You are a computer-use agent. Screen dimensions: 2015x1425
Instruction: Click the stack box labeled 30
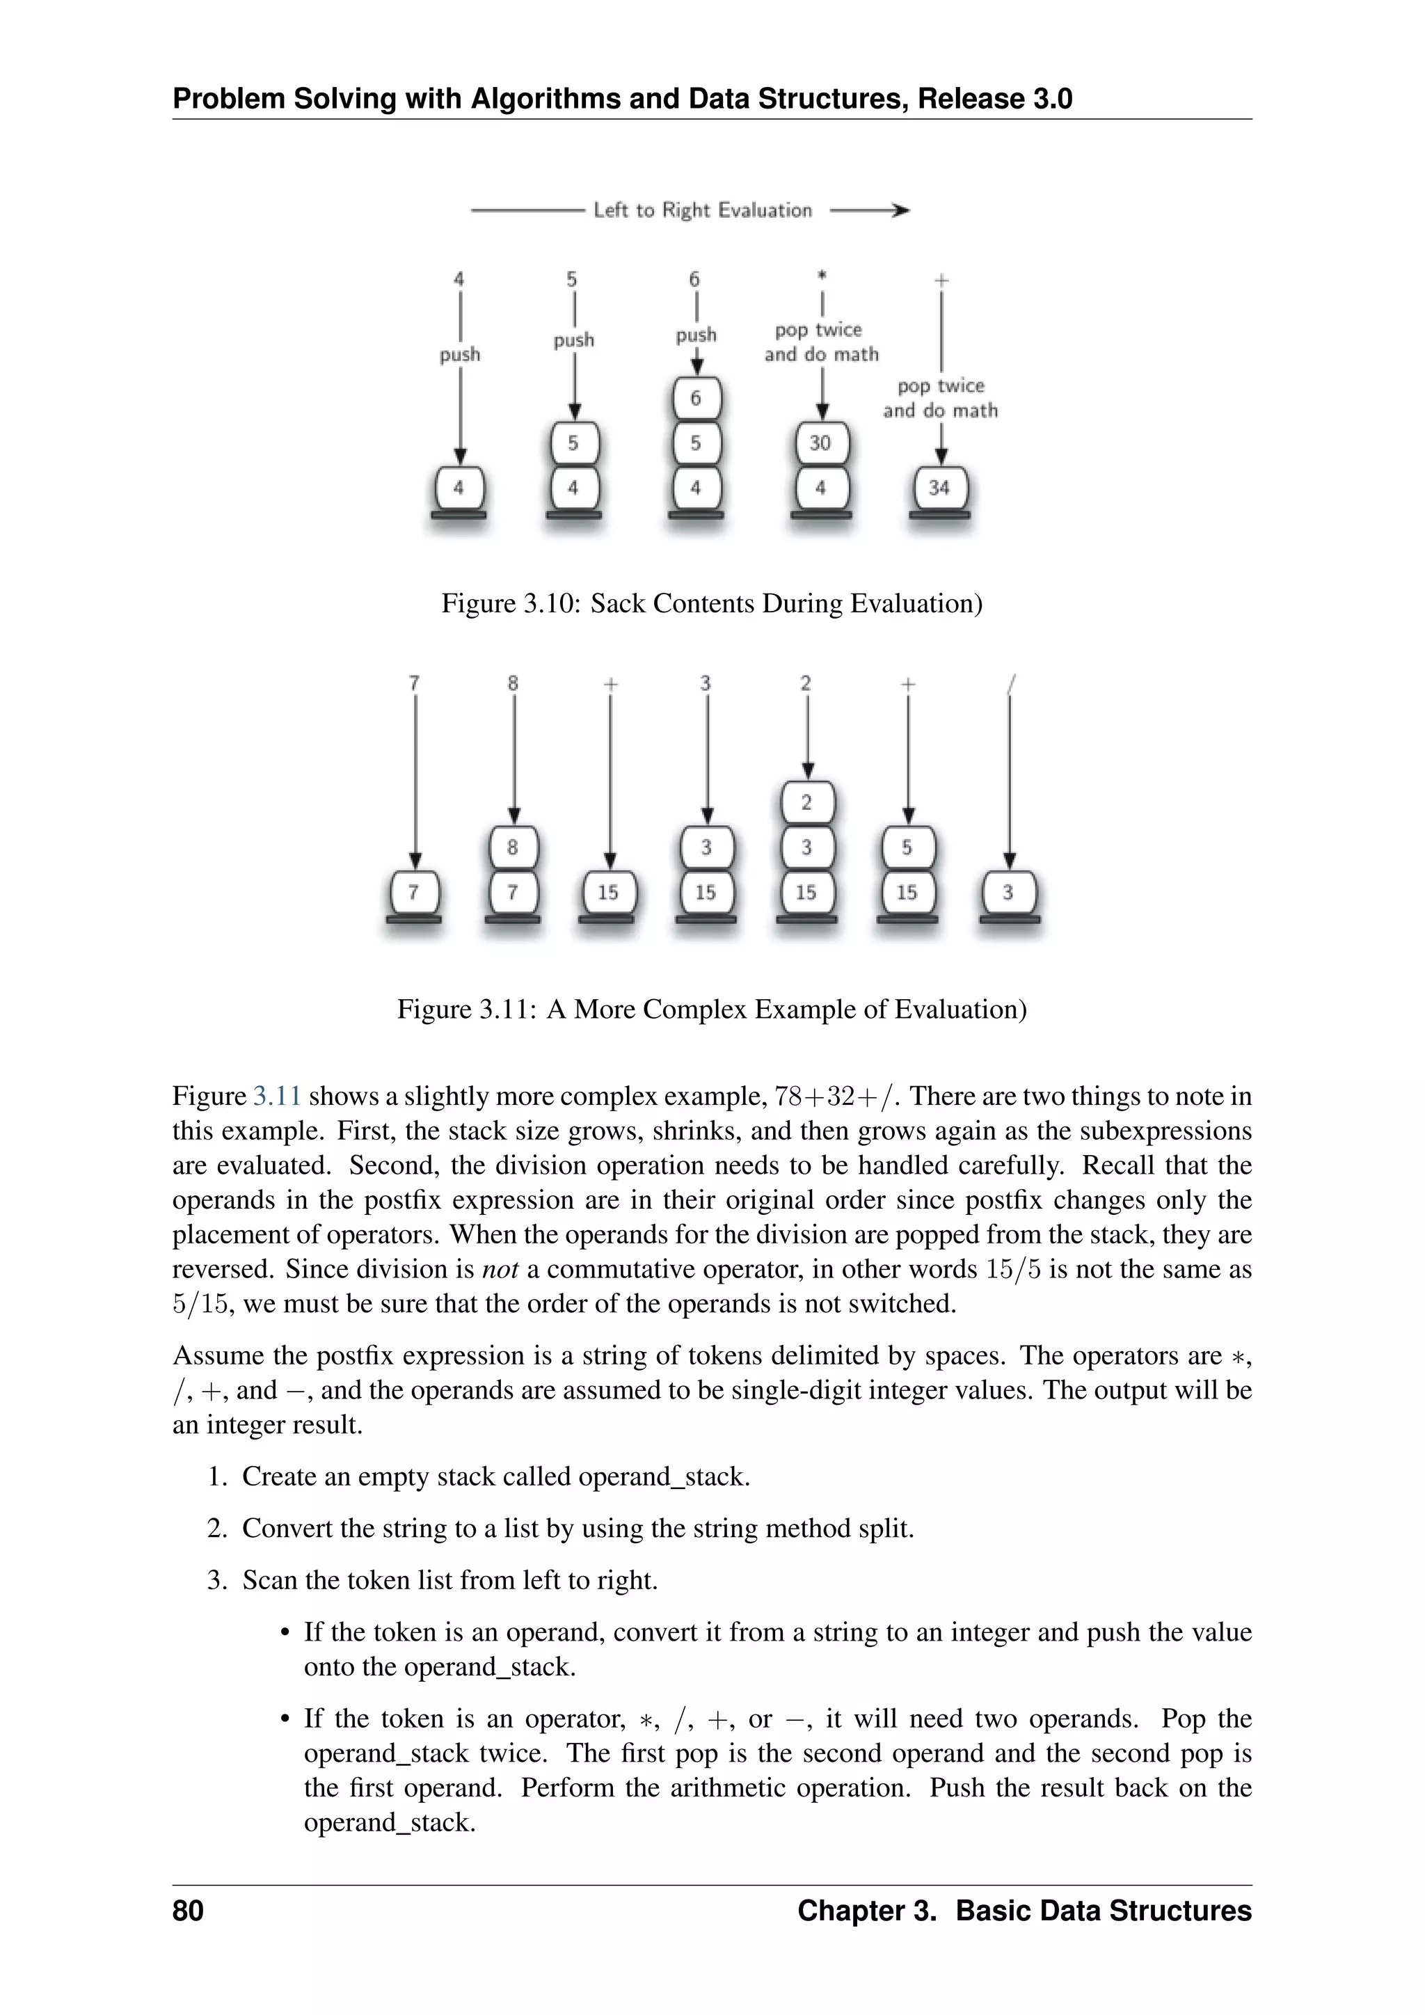(821, 443)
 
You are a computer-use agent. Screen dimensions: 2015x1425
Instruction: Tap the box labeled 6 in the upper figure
(696, 399)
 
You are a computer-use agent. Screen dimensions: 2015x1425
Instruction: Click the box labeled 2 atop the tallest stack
(806, 802)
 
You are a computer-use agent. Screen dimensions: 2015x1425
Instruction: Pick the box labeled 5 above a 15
(907, 847)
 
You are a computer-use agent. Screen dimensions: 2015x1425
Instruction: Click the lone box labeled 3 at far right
(1008, 893)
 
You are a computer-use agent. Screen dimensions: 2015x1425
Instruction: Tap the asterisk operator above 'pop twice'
(822, 276)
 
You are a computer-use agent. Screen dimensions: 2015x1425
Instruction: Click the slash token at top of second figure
(1012, 683)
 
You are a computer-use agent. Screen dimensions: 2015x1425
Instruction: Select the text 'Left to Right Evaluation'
(703, 211)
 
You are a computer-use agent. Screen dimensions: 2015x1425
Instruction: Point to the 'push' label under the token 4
(460, 355)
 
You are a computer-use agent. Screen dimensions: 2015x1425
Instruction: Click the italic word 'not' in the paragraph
(500, 1270)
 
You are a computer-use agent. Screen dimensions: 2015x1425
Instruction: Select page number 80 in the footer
(188, 1911)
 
